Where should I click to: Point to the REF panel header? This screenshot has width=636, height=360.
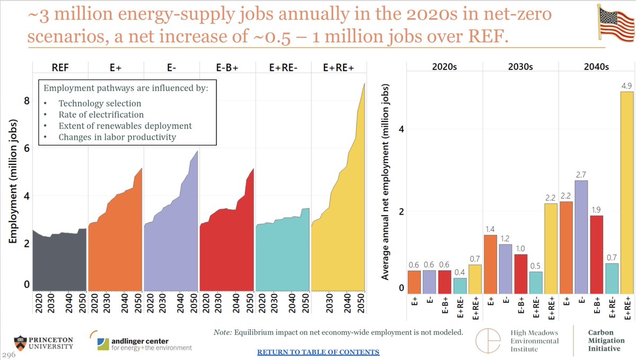(x=59, y=67)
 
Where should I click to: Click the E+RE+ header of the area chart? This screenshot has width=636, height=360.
(x=339, y=67)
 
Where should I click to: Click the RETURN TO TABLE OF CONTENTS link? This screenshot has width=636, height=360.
(x=318, y=352)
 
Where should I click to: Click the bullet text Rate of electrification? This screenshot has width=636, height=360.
(x=101, y=115)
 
